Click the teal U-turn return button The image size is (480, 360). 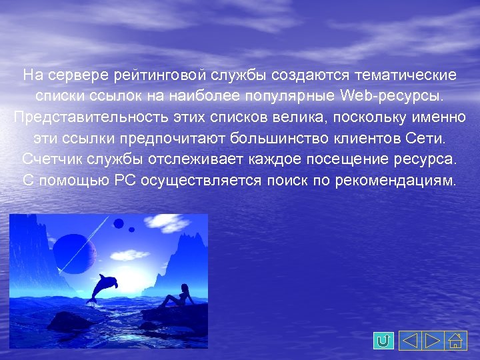(383, 341)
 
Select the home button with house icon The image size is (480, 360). (456, 341)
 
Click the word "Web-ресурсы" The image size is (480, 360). (391, 95)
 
